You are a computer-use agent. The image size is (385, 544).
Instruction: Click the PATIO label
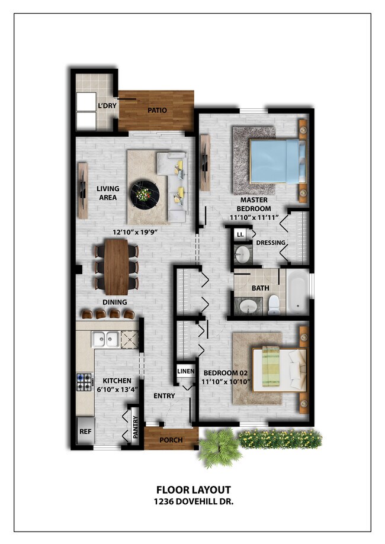[x=157, y=110]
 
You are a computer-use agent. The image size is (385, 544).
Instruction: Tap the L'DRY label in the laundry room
[x=107, y=107]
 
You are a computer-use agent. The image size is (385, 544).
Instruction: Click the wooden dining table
[x=117, y=266]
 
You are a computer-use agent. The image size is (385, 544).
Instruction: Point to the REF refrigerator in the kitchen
[x=85, y=432]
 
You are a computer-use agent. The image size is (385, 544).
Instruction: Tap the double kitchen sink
[x=105, y=339]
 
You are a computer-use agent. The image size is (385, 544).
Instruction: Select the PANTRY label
[x=135, y=426]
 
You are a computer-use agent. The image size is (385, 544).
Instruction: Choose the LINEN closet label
[x=185, y=372]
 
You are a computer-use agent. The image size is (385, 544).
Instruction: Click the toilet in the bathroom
[x=274, y=304]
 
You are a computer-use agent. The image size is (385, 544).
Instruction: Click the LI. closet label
[x=240, y=235]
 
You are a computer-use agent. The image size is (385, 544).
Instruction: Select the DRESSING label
[x=270, y=243]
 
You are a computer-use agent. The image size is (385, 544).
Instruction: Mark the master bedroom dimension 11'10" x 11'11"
[x=254, y=218]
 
